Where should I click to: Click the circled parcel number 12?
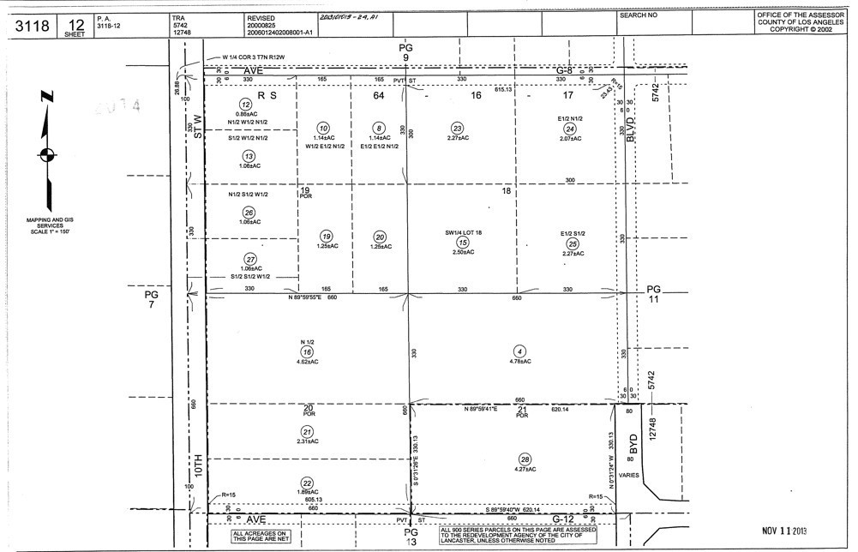pos(246,104)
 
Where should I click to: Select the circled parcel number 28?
pos(525,459)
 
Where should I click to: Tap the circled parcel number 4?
pos(519,351)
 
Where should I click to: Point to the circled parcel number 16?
pos(307,351)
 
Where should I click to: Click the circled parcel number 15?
pos(462,243)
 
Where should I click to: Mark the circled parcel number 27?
pos(250,259)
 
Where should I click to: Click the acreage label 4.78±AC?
pos(519,362)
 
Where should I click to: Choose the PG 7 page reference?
pos(151,299)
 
